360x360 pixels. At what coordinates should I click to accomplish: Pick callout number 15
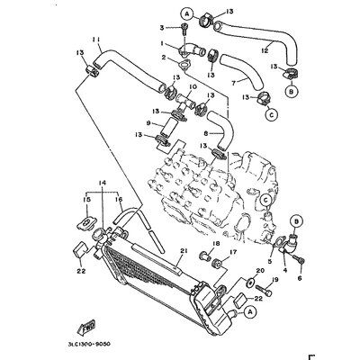pos(87,200)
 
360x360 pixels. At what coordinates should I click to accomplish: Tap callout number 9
pos(148,123)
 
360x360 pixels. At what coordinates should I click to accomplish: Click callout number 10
pos(192,88)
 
